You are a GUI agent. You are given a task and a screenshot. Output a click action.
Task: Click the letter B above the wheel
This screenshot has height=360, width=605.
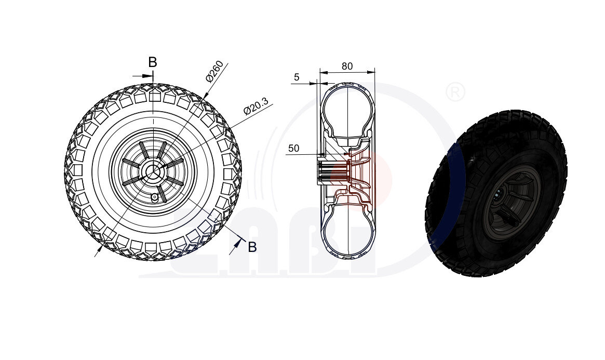tap(153, 62)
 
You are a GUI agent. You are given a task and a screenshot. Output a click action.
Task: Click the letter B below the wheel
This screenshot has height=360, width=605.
tap(252, 247)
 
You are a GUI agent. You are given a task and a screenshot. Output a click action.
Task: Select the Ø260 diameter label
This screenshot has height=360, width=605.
tap(215, 72)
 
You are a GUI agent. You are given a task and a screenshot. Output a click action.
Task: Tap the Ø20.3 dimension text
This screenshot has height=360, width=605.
tap(256, 106)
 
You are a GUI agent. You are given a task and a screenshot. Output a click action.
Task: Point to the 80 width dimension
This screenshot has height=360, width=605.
tap(347, 66)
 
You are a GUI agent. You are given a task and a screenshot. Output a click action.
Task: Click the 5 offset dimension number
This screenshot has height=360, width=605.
tap(297, 77)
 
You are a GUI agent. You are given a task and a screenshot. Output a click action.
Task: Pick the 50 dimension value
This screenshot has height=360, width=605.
tap(293, 148)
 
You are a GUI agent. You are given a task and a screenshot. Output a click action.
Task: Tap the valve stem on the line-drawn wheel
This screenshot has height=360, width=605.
tap(154, 197)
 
